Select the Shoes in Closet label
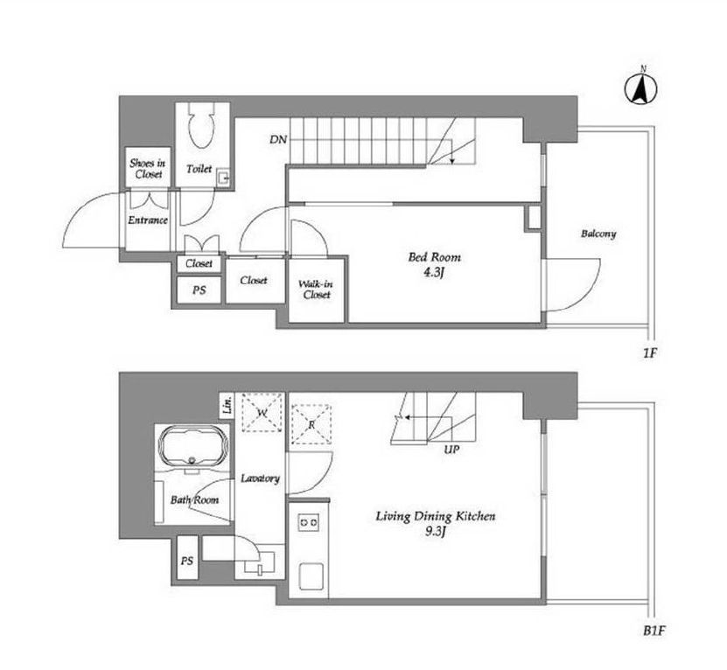148,168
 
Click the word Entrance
148,220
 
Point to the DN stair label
278,139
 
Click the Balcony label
598,234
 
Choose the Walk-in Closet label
316,290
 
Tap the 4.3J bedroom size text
434,273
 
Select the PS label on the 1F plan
199,290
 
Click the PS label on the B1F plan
187,561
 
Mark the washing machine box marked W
262,412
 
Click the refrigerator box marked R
311,424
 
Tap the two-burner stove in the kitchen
308,522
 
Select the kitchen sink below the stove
311,576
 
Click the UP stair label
451,450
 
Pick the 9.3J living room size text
435,531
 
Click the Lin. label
227,405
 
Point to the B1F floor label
654,631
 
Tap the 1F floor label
650,353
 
